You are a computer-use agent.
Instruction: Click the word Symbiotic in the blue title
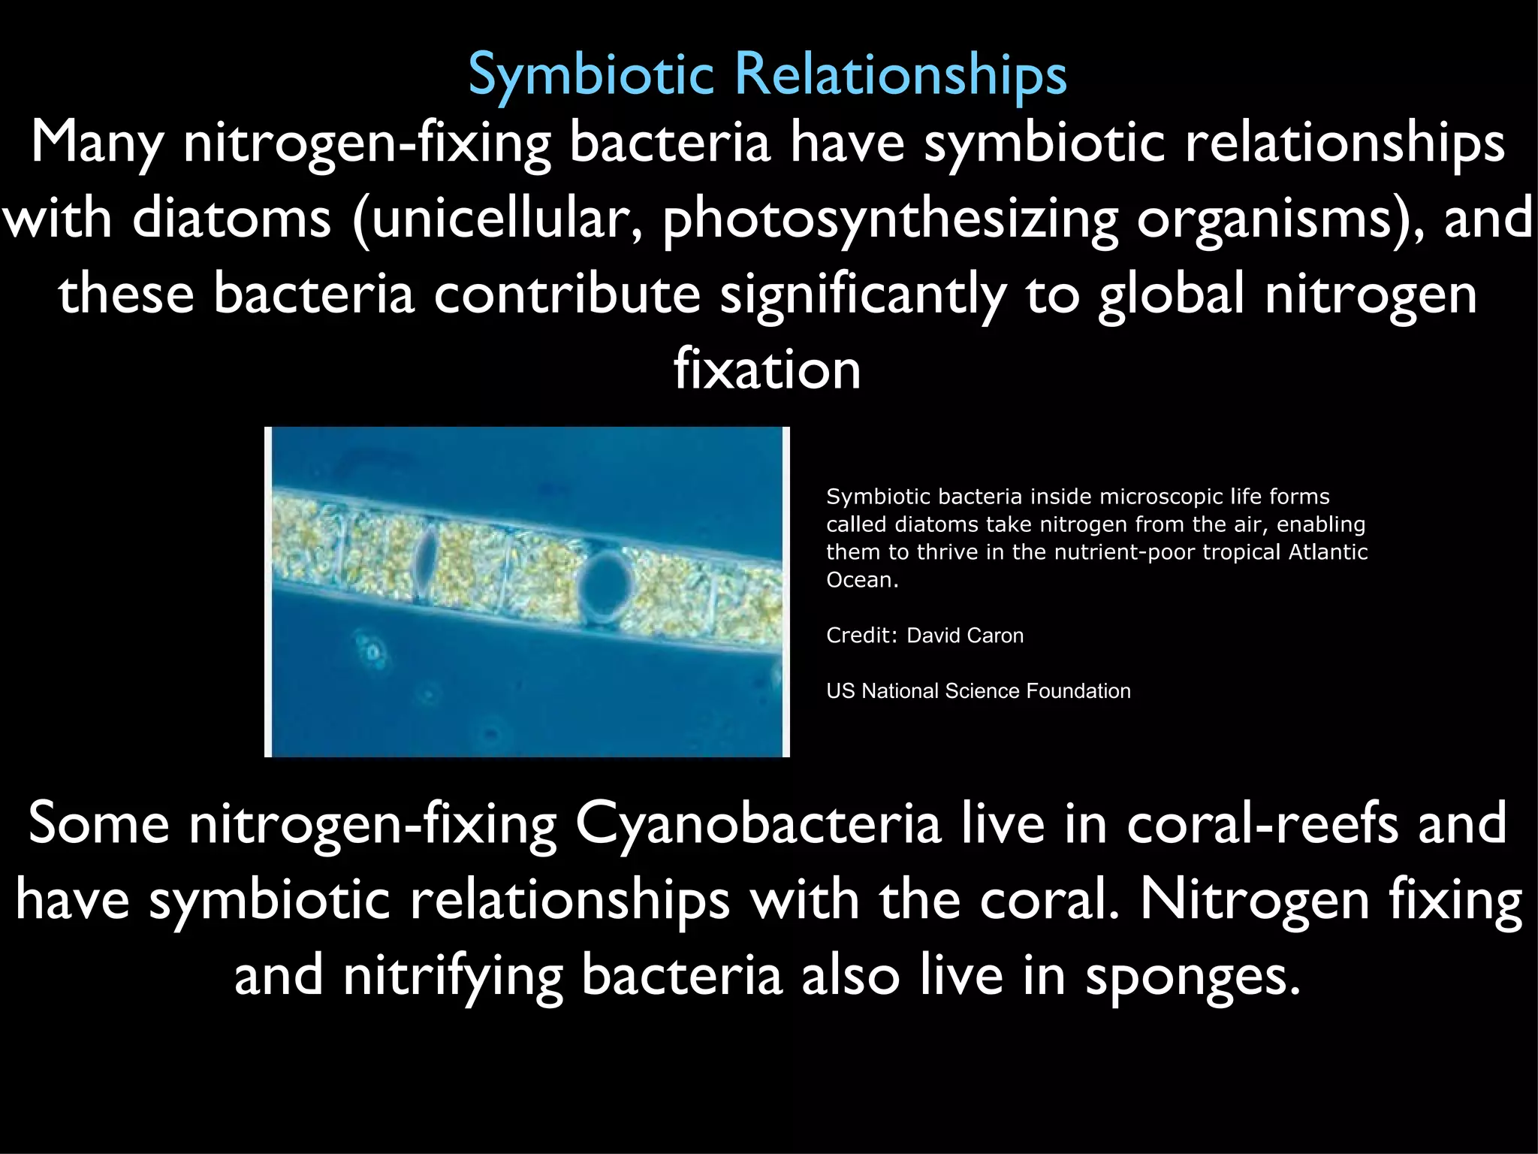pos(591,75)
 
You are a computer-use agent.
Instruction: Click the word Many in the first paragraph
pos(97,143)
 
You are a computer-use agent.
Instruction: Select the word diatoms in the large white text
pos(231,218)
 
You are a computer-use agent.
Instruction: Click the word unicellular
pos(499,218)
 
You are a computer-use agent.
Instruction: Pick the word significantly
pos(863,295)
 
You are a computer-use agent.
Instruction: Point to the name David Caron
pos(965,636)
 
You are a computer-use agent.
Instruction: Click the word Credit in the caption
pos(860,636)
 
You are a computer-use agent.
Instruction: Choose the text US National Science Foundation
pos(978,691)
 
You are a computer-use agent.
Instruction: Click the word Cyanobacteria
pos(758,824)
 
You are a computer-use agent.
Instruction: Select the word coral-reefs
pos(1262,824)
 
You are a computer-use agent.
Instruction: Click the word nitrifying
pos(453,976)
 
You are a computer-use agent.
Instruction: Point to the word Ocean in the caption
pos(861,580)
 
